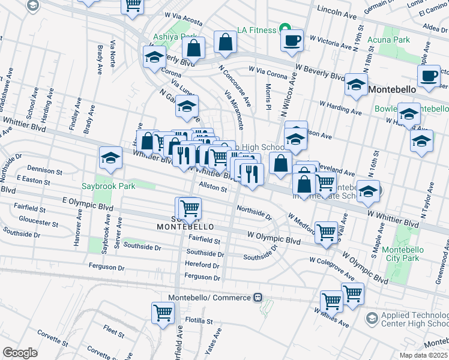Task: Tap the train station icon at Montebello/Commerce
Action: [258, 298]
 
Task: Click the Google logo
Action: [20, 352]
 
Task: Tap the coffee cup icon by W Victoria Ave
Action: [293, 41]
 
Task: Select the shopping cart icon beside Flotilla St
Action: [163, 313]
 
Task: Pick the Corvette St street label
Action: [53, 331]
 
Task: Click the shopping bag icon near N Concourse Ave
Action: [225, 43]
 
